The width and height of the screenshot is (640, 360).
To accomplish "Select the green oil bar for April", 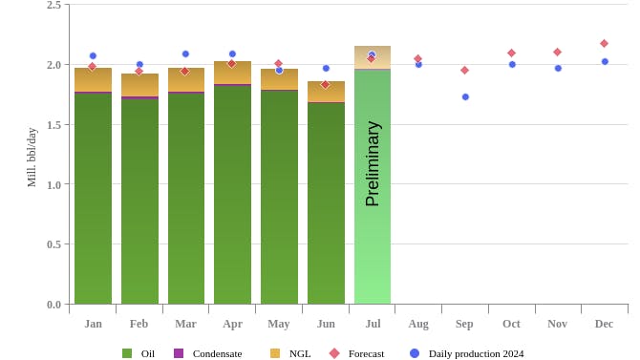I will [232, 196].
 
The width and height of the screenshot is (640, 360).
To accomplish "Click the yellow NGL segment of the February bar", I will [139, 85].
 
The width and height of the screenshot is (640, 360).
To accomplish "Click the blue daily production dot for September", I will [465, 96].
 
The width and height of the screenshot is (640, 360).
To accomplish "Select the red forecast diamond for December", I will [604, 43].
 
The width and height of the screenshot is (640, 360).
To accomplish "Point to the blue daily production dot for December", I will [605, 61].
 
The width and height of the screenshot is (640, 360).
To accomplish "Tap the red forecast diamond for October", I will [511, 53].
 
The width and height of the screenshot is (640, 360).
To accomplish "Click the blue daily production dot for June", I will [326, 68].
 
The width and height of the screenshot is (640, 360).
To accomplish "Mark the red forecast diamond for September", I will [464, 70].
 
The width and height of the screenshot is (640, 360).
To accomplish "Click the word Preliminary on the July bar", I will [373, 163].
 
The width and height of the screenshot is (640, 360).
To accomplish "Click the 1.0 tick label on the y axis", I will [53, 184].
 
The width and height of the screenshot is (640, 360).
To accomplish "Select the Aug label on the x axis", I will [418, 324].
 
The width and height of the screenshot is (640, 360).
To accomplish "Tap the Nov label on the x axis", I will [557, 324].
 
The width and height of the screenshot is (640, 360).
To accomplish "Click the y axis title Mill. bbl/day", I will [32, 157].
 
